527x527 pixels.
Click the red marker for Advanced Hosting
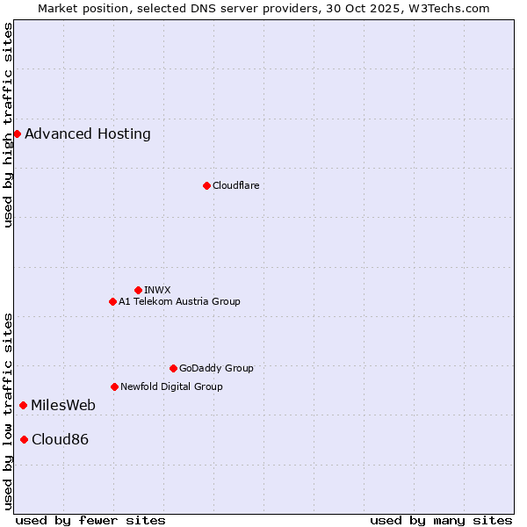tap(17, 134)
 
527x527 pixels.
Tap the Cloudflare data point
tap(206, 185)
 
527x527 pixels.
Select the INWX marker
tap(138, 290)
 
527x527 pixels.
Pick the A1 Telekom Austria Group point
tap(112, 301)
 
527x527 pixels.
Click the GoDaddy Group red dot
tap(173, 368)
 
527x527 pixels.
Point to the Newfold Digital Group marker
tap(114, 386)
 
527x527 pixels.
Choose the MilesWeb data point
tap(23, 405)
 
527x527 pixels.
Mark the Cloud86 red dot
tap(24, 439)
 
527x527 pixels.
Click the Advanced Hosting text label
tap(88, 134)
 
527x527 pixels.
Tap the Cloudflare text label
tap(235, 185)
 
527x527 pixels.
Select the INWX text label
tap(157, 290)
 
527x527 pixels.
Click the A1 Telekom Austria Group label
tap(179, 301)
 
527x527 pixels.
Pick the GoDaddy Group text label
tap(216, 368)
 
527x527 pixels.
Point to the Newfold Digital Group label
tap(171, 386)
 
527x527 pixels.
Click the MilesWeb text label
tap(63, 405)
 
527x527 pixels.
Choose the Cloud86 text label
tap(60, 439)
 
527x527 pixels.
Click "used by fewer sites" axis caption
tap(90, 520)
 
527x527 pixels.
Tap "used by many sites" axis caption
tap(441, 520)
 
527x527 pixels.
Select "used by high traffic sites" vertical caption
tap(8, 125)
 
